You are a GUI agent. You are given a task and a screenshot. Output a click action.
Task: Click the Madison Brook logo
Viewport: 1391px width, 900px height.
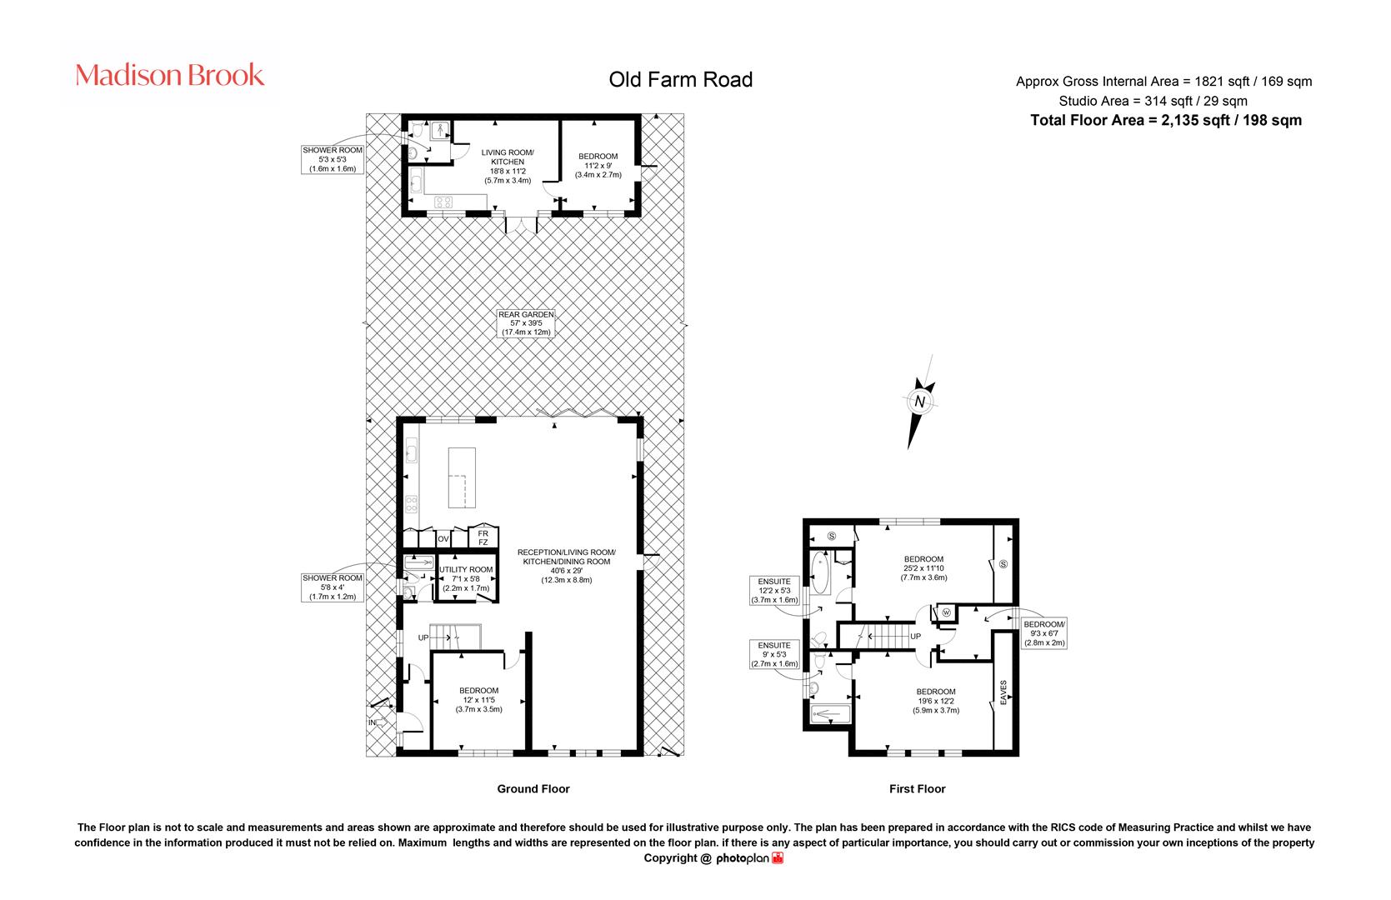169,75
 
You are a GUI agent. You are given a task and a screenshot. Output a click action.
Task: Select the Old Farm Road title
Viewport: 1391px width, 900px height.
681,79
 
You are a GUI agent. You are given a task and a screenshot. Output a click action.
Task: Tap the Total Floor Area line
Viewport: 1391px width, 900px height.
1166,121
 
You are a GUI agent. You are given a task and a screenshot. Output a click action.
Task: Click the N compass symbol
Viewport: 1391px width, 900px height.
919,401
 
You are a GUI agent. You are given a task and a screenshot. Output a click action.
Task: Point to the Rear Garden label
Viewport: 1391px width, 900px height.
526,323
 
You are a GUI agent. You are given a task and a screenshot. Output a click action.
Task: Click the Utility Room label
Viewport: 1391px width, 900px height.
466,578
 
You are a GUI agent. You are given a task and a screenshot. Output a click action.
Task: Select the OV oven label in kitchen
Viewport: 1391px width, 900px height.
443,538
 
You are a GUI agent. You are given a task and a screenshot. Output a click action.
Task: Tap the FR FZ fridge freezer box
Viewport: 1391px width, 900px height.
483,537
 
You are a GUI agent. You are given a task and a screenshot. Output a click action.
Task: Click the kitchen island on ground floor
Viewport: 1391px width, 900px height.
462,477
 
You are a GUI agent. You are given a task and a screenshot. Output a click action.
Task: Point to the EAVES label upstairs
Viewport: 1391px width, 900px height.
1003,692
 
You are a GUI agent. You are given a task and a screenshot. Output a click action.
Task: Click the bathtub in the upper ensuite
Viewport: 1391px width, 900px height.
820,572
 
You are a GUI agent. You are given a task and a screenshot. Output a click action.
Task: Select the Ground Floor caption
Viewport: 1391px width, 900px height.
533,789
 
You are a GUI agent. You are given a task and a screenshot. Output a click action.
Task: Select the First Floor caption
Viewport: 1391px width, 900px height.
917,789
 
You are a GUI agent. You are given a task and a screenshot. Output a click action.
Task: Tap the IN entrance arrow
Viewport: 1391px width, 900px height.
378,722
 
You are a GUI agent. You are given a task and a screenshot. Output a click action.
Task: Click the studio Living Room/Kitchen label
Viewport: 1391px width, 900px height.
508,166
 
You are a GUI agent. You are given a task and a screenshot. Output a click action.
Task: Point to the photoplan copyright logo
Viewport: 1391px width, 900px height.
749,858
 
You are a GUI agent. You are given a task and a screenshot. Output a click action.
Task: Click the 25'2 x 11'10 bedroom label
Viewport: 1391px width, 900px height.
923,567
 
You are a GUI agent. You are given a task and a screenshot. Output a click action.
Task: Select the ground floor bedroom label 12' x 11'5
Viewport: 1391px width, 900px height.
478,699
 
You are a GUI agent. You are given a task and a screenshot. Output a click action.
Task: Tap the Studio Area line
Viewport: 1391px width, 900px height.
1153,101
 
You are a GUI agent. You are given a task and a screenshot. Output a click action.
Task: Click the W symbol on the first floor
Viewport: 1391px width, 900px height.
947,612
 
